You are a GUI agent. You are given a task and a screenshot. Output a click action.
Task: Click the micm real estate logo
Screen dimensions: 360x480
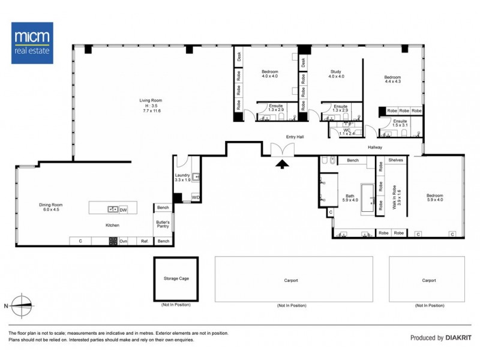[x=32, y=43]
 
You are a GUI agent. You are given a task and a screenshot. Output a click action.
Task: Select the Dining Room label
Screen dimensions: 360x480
[x=51, y=207]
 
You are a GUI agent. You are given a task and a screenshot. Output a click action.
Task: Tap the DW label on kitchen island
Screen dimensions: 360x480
[x=122, y=209]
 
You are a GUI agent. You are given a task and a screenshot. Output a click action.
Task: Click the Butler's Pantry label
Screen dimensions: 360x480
[x=163, y=224]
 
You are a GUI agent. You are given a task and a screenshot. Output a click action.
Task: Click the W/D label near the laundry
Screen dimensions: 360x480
[x=196, y=197]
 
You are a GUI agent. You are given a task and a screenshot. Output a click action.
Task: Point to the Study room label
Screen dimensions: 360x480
[x=336, y=73]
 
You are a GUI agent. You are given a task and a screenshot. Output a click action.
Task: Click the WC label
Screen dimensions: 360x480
[x=346, y=130]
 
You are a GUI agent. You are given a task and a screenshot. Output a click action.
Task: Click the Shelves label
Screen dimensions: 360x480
[x=395, y=160]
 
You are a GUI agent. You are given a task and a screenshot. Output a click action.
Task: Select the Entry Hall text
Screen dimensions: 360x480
[x=295, y=137]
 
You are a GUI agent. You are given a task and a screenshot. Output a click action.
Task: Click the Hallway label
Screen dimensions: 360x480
[x=376, y=147]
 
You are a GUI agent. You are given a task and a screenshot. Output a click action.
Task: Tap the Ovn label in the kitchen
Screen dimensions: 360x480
[x=124, y=241]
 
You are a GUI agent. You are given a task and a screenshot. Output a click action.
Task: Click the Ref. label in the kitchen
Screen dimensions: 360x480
[x=144, y=241]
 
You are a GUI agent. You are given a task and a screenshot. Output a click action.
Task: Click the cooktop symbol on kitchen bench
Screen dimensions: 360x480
[x=112, y=241]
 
